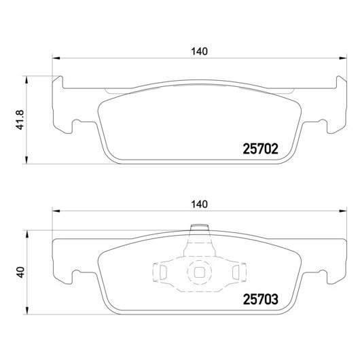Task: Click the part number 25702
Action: [x=260, y=149]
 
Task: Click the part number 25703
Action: [x=260, y=299]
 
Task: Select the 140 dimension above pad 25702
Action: [x=199, y=52]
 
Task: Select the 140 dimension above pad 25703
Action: [x=199, y=204]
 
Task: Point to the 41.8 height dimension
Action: [x=20, y=120]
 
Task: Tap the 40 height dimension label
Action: [x=20, y=272]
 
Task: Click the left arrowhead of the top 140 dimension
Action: [x=56, y=58]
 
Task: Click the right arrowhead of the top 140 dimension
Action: [x=343, y=58]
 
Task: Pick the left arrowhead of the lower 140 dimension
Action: [x=56, y=211]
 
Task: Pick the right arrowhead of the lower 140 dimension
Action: [x=343, y=211]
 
